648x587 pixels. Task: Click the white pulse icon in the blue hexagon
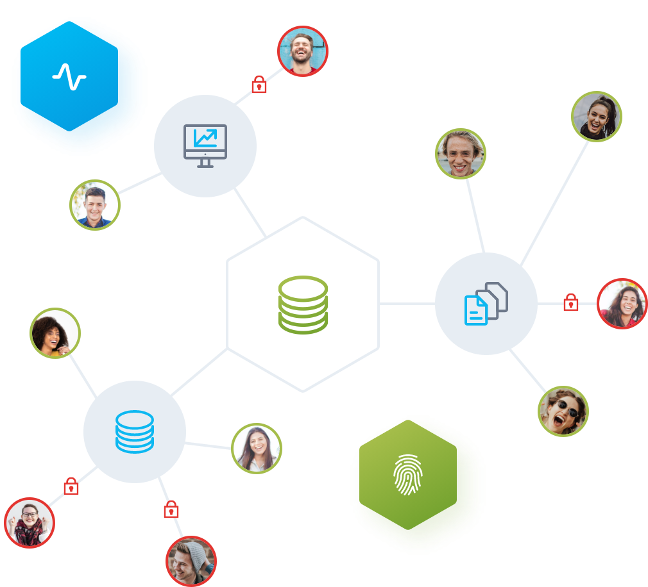[x=69, y=77]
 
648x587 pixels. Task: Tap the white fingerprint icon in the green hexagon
[x=407, y=475]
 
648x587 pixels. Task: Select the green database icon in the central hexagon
[x=303, y=305]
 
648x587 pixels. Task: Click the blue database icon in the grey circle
[x=135, y=431]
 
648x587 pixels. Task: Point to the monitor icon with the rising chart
[x=205, y=145]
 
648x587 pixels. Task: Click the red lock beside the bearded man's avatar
[x=259, y=85]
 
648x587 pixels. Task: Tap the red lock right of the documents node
[x=570, y=302]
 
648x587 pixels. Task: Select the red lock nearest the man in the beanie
[x=171, y=510]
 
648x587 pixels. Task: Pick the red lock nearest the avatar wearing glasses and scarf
[x=71, y=486]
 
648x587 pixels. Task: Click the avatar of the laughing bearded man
[x=303, y=51]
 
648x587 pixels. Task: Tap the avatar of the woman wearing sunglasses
[x=563, y=411]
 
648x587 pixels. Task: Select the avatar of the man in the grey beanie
[x=191, y=561]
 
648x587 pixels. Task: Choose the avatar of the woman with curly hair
[x=55, y=333]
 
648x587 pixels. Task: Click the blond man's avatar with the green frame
[x=461, y=154]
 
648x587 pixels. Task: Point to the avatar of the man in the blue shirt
[x=95, y=205]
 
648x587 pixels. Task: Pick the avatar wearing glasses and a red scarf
[x=30, y=523]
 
